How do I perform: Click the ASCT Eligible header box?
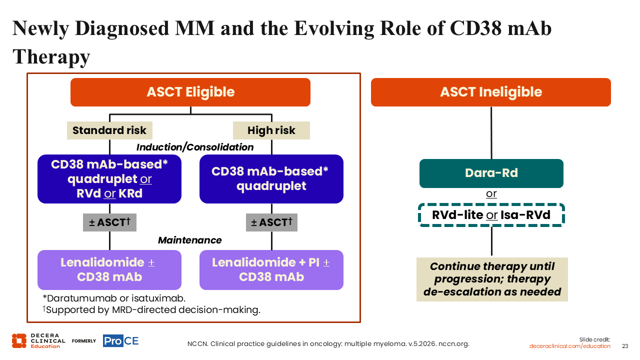point(190,92)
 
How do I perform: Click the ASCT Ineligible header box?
point(491,92)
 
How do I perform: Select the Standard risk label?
point(109,130)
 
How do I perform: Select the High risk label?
point(271,130)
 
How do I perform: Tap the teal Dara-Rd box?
point(491,173)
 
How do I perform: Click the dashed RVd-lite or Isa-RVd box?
point(491,215)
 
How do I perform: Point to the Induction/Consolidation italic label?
point(195,147)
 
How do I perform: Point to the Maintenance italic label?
point(189,240)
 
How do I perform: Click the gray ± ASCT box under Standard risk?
point(109,222)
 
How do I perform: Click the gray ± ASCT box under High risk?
point(271,222)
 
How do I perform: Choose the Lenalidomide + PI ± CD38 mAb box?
point(271,270)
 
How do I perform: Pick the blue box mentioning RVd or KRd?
point(109,179)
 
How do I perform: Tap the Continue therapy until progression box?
point(492,279)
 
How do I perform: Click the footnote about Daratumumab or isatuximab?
point(114,298)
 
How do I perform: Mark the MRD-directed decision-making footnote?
point(151,309)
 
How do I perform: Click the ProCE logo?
point(120,341)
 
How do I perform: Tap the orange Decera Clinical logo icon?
point(19,341)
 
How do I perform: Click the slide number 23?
point(625,346)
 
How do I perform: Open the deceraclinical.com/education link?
point(569,346)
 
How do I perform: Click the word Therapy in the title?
point(51,57)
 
